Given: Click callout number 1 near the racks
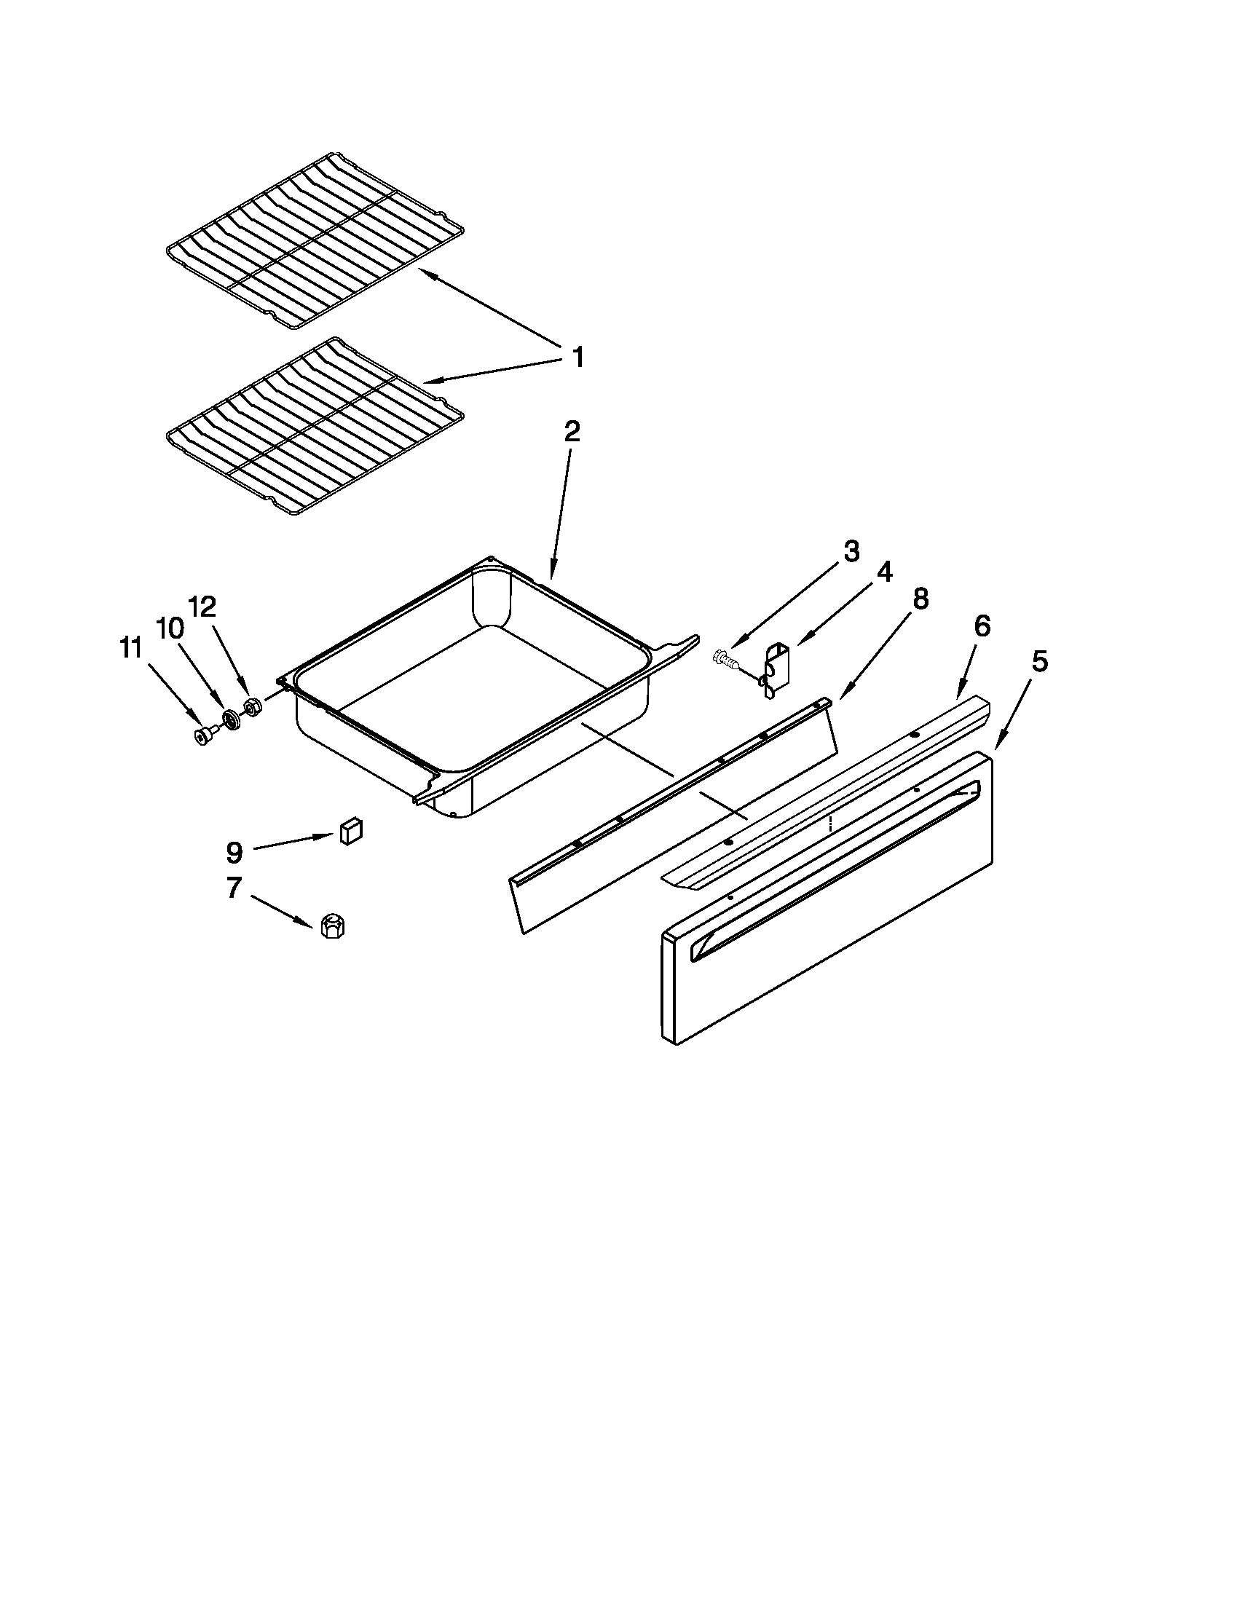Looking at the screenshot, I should tap(578, 358).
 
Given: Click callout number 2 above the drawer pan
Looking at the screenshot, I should tap(572, 432).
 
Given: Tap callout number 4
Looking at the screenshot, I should tap(885, 572).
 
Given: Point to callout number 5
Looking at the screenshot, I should tap(1039, 662).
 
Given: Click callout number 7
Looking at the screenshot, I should tap(233, 888).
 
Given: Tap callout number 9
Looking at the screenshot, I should tap(233, 852).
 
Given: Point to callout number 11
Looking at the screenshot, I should tap(130, 649).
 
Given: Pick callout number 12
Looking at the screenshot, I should tap(202, 607).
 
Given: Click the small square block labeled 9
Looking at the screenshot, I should tap(350, 832).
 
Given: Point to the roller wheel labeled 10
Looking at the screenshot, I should tap(232, 720).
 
